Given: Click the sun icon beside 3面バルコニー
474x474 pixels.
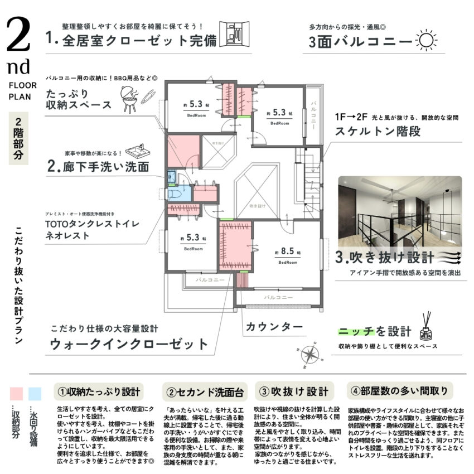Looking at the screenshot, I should [x=425, y=41].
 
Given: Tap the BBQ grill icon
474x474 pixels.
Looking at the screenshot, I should [x=130, y=101].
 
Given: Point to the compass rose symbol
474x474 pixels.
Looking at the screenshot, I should [x=309, y=353].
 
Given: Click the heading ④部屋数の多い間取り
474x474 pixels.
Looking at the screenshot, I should [x=399, y=390].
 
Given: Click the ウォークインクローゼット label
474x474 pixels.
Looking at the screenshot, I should [x=129, y=344].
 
